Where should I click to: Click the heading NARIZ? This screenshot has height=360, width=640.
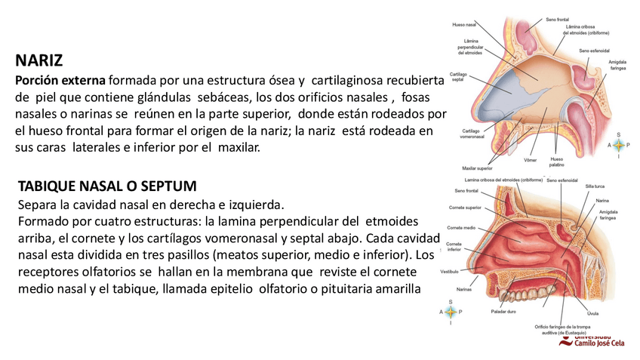point(38,60)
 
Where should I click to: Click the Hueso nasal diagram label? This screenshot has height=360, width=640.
point(463,24)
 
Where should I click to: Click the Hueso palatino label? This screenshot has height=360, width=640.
point(557,162)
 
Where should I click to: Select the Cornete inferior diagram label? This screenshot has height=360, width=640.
point(454,246)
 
